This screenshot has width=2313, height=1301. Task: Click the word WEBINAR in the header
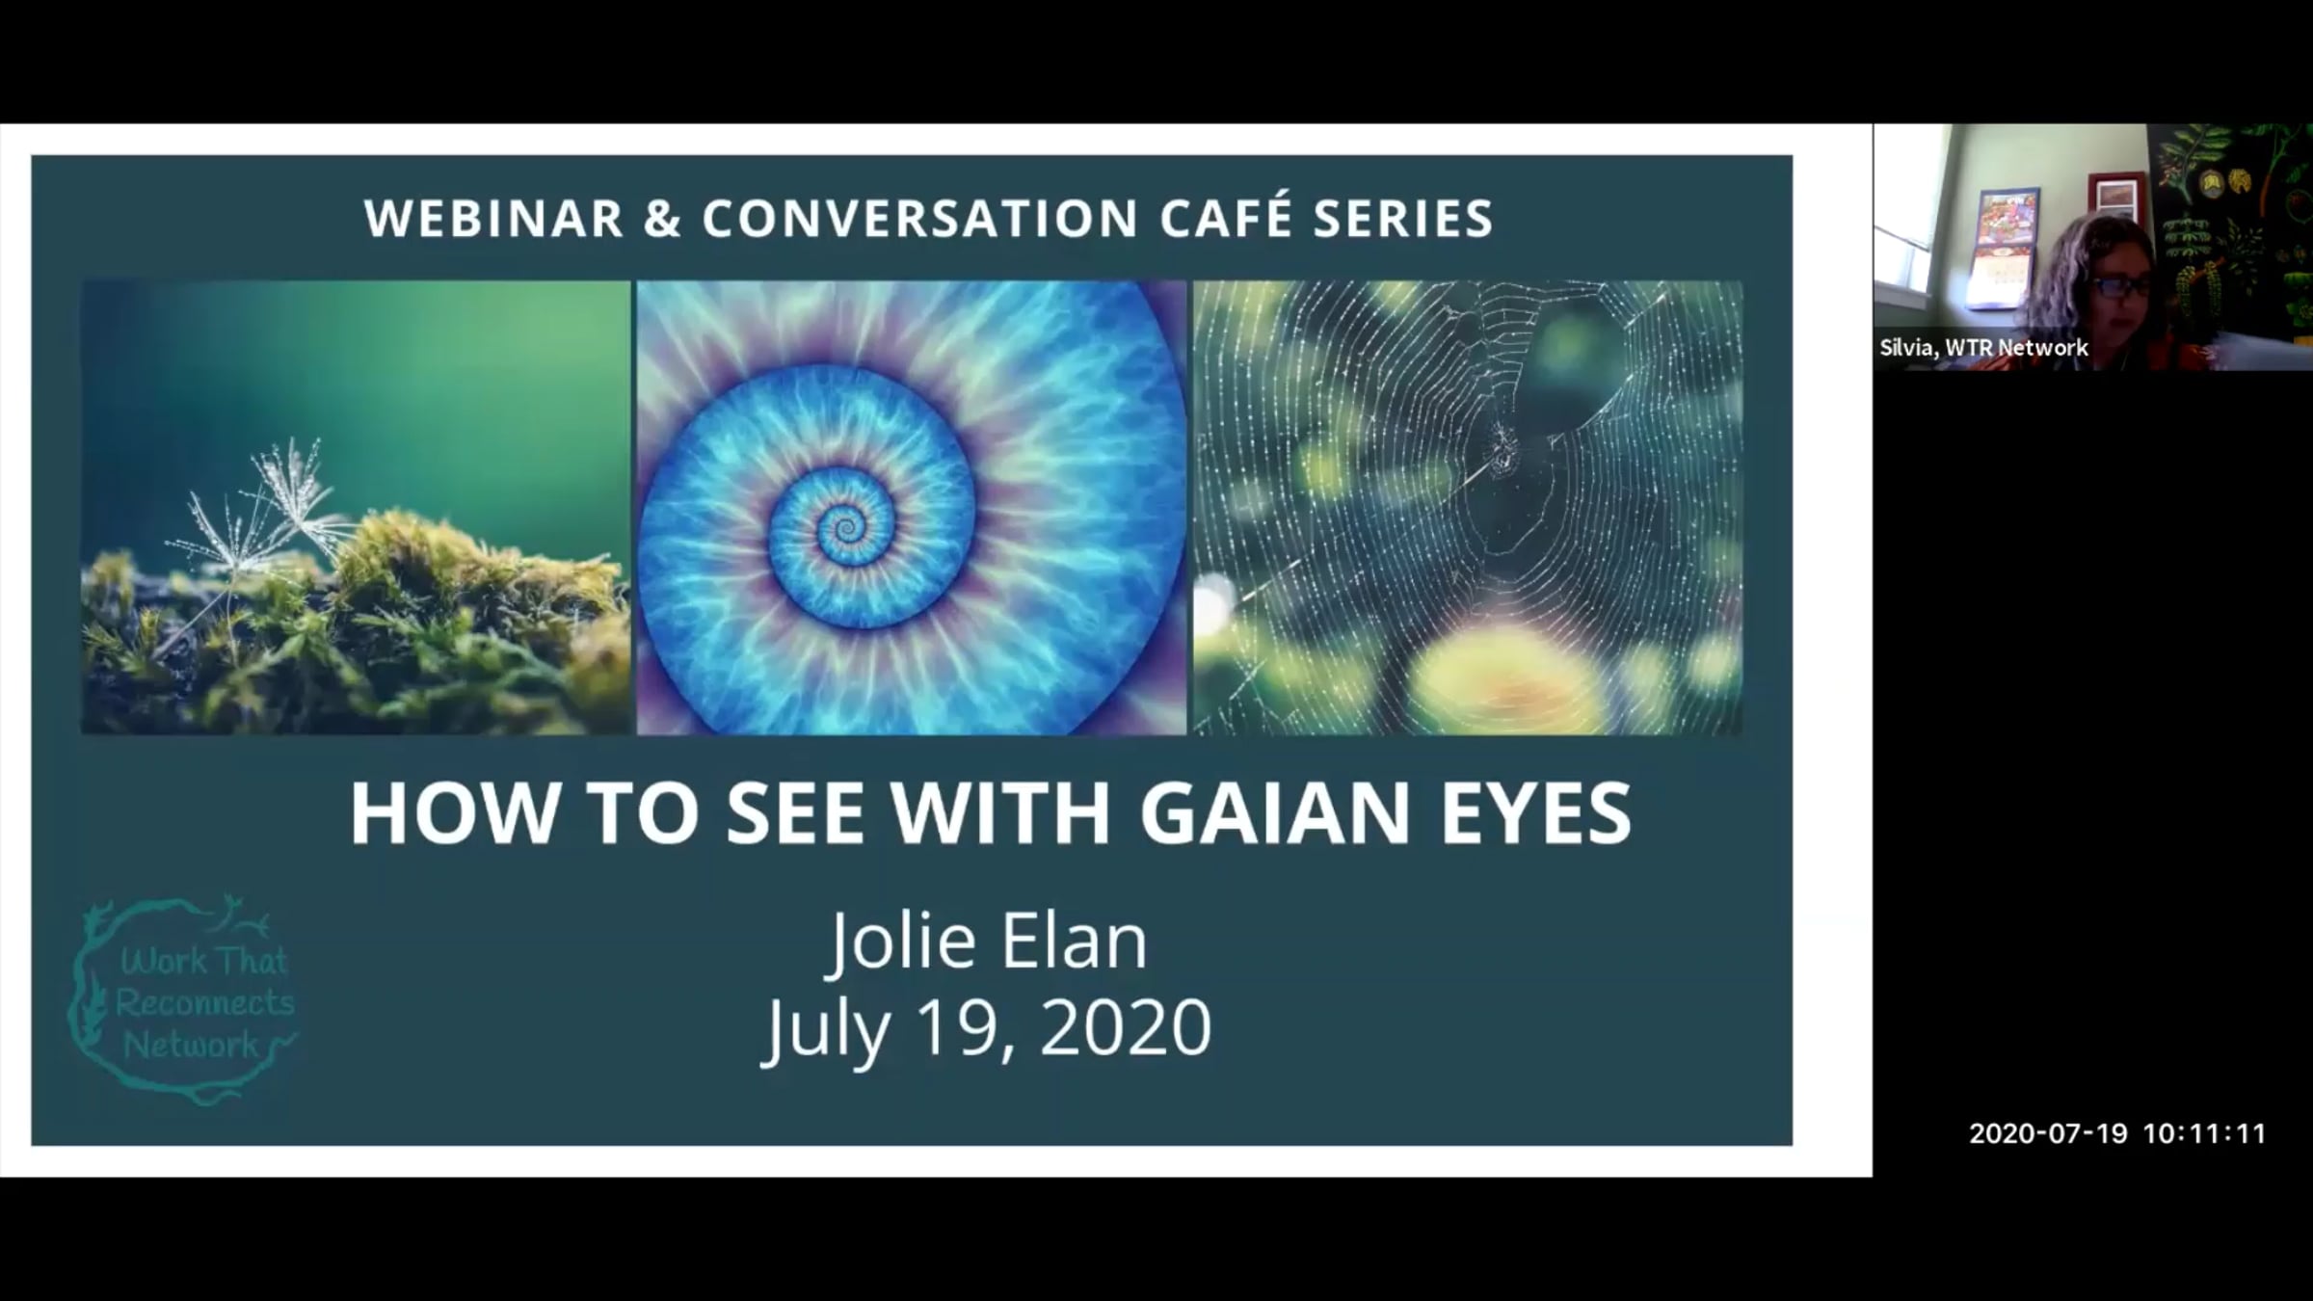tap(494, 219)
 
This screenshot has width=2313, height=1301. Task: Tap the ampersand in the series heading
tap(663, 219)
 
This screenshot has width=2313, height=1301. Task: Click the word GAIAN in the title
tap(1274, 812)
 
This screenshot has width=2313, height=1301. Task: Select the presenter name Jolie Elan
tap(990, 942)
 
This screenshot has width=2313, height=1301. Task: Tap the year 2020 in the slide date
tap(1125, 1027)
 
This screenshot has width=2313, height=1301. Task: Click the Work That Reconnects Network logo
tap(183, 999)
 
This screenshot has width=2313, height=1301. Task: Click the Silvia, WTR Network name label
tap(1983, 347)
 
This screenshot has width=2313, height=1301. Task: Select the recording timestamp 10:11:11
tap(2204, 1133)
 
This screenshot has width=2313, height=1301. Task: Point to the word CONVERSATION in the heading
tap(920, 219)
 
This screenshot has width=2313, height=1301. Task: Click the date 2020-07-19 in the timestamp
tap(2048, 1133)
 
